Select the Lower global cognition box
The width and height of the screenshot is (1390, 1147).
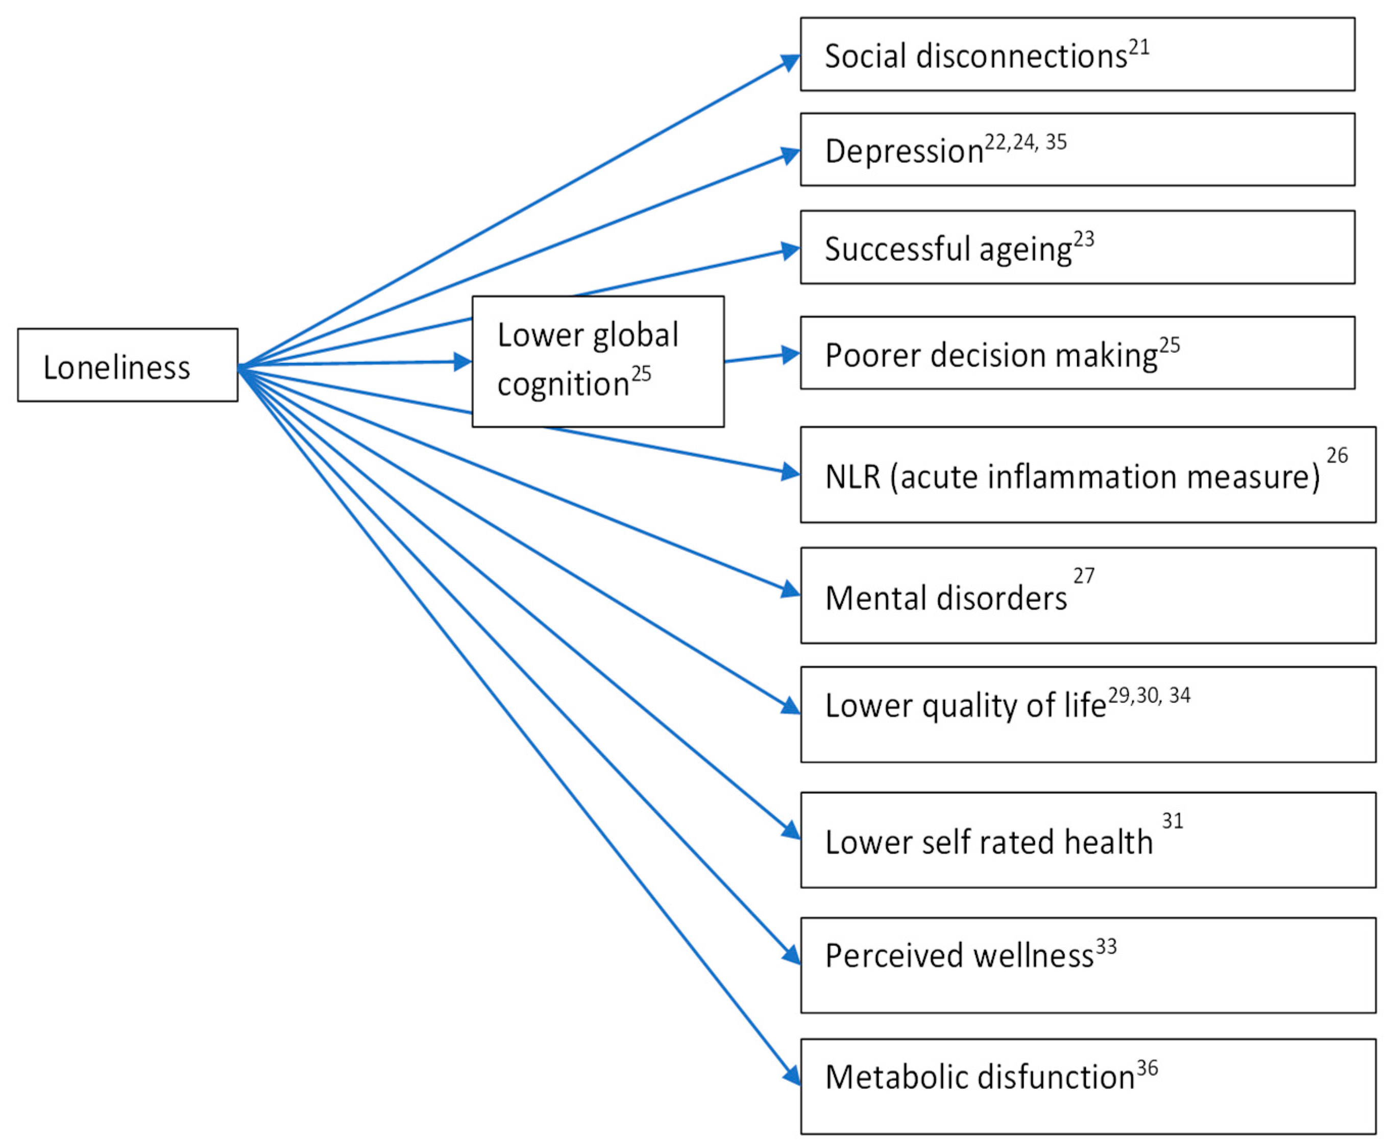[x=597, y=361]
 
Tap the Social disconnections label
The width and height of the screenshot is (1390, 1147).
[x=975, y=56]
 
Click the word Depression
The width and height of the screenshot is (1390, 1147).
[x=904, y=151]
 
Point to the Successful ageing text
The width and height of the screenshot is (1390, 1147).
[x=947, y=250]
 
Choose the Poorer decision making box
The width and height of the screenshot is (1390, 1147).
[x=1077, y=353]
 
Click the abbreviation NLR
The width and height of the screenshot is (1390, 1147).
[x=852, y=476]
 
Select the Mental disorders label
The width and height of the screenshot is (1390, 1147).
[x=945, y=598]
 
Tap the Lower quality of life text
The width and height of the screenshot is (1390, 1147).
[x=965, y=705]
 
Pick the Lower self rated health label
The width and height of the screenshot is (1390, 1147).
[x=988, y=842]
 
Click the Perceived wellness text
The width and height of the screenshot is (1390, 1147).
[x=959, y=956]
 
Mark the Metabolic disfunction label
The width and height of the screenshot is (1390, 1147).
[x=979, y=1077]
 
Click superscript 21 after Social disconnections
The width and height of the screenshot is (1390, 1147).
[x=1138, y=47]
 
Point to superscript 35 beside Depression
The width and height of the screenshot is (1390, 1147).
[x=1056, y=142]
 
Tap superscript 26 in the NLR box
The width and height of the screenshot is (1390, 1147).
[x=1336, y=455]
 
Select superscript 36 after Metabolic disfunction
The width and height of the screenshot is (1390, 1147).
[x=1147, y=1068]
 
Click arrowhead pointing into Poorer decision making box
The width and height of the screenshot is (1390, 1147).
[x=791, y=355]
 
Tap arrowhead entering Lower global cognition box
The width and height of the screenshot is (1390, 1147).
[x=463, y=362]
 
